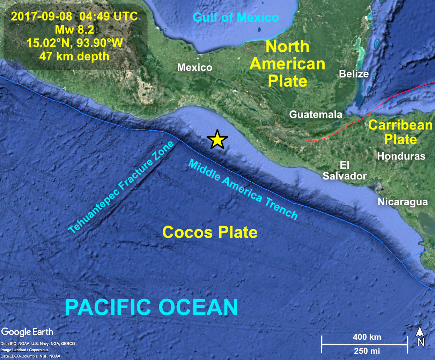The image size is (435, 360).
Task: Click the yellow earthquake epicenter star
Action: [217, 140]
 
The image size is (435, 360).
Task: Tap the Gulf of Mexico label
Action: [236, 17]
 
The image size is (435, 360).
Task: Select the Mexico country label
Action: [194, 67]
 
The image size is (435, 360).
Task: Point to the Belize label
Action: [354, 74]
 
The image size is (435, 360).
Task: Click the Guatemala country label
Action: [316, 115]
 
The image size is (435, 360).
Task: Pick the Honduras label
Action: [401, 156]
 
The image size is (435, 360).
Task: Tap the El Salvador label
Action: [345, 170]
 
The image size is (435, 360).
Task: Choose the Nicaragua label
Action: [403, 202]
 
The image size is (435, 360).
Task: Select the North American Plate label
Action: [287, 64]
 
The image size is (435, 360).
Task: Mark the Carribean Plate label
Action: [400, 132]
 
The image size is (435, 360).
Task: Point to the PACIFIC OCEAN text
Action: [152, 307]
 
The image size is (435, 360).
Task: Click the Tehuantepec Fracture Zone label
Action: [121, 188]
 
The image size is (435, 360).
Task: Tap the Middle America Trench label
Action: [243, 190]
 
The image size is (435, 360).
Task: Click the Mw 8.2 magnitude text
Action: [74, 30]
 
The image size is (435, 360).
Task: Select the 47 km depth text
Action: [74, 56]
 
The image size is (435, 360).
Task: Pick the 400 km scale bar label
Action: [367, 337]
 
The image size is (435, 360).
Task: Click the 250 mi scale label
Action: [367, 351]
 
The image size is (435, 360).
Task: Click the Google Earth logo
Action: [27, 332]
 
